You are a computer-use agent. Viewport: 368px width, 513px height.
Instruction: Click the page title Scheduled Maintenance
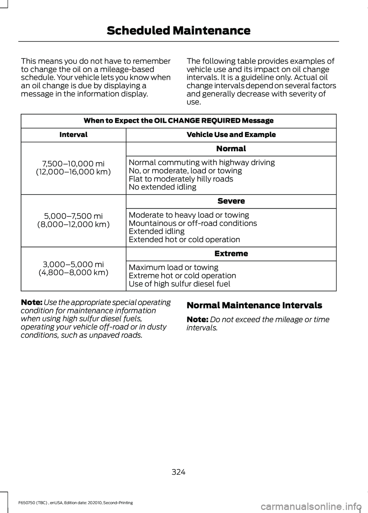178,31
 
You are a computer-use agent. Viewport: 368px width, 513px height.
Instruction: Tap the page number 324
178,472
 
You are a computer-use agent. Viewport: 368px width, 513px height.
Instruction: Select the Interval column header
73,135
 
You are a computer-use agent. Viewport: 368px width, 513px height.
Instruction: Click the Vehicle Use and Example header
231,135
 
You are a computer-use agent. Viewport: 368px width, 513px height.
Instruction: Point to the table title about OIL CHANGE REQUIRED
178,120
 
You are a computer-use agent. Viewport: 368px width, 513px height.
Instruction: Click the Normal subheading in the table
231,148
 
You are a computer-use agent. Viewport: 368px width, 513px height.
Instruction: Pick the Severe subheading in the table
231,201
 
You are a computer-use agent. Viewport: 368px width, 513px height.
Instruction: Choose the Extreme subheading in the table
231,254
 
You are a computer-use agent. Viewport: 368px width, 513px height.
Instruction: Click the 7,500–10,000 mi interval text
73,164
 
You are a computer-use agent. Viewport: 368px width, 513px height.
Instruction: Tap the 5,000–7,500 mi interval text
73,216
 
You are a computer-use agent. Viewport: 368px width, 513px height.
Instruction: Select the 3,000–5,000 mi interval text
73,264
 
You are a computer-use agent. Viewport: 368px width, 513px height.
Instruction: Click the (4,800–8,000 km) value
73,273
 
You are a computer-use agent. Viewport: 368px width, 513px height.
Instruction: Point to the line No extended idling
163,187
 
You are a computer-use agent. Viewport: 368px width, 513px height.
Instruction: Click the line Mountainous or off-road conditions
193,223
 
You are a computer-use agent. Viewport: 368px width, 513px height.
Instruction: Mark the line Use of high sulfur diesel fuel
179,284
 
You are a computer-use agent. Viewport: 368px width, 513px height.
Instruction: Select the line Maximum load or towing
174,267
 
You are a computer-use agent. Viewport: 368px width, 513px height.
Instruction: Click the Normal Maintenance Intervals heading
254,305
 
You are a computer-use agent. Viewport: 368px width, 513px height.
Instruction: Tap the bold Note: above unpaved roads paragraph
31,302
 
